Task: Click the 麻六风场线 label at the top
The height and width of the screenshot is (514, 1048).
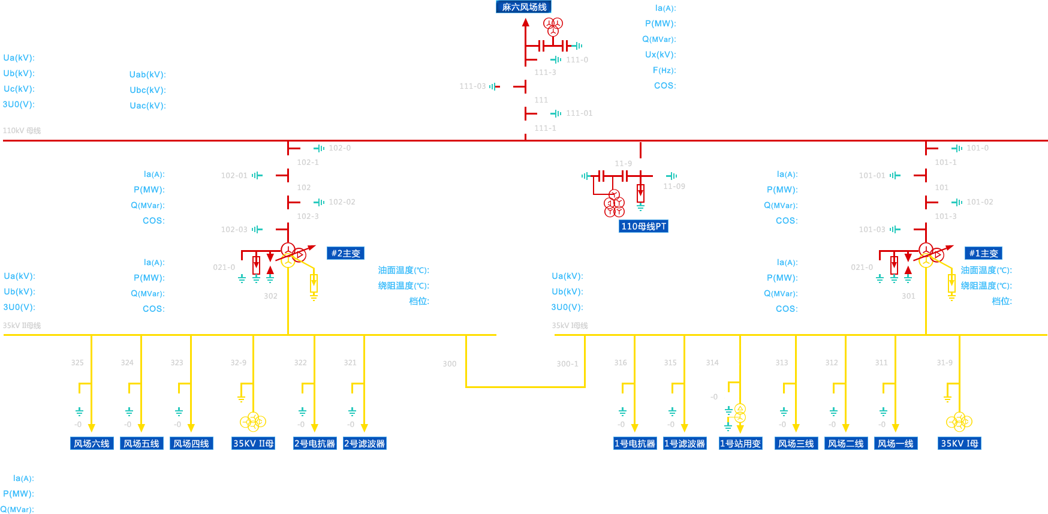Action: [x=524, y=7]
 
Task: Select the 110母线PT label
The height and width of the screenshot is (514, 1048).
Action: [x=643, y=226]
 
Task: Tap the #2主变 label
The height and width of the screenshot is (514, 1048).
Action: [x=346, y=253]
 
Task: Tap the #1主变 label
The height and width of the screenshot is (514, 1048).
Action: [x=983, y=253]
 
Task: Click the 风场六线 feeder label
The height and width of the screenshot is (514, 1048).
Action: [x=92, y=443]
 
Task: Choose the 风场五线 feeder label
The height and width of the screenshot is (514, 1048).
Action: [x=141, y=443]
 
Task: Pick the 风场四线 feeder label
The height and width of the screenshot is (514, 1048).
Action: [x=191, y=443]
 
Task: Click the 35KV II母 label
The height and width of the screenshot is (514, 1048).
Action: [x=254, y=443]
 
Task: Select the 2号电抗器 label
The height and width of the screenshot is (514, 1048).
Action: [x=315, y=443]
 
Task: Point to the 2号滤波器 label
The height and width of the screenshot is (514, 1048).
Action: [x=365, y=443]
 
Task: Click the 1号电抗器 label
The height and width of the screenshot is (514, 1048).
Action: [x=635, y=443]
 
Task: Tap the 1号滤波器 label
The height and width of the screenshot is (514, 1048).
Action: [x=685, y=443]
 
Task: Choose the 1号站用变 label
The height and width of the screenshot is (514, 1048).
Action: [x=740, y=443]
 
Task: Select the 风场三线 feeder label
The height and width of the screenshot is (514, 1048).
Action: [x=796, y=443]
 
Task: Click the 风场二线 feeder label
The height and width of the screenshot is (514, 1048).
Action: [x=846, y=443]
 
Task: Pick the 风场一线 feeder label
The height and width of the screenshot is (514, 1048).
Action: [x=896, y=443]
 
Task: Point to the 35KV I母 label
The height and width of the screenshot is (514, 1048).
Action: [x=959, y=443]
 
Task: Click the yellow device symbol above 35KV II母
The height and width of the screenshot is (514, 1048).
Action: [x=253, y=421]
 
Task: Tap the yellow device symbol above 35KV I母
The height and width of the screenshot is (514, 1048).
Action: [x=959, y=421]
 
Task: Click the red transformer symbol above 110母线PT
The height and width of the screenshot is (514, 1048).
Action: [x=614, y=205]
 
